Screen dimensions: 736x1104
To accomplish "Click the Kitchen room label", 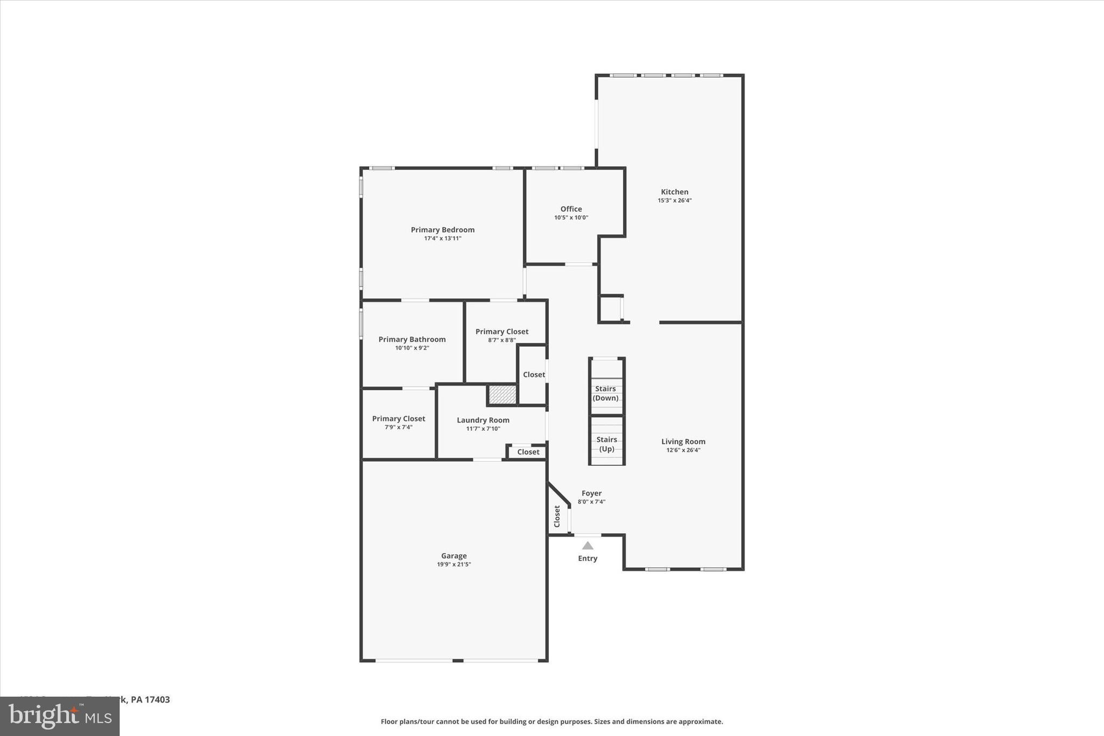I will point(674,192).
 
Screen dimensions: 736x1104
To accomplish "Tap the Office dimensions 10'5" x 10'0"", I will point(571,218).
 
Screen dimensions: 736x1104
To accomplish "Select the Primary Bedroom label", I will point(443,230).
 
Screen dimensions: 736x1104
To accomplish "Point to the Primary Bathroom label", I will point(412,339).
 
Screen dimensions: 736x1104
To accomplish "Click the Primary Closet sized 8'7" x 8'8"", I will point(502,332).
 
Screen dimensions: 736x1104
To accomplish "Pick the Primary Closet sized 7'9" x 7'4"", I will point(398,418).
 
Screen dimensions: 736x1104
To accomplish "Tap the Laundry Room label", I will point(483,420).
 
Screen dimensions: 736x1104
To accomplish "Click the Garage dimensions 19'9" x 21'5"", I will point(454,565).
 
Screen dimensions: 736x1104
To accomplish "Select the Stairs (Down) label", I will point(605,393).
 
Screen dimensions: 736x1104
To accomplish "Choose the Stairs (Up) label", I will point(606,444).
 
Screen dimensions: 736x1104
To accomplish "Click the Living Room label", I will point(683,442).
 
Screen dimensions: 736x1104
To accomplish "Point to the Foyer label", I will point(591,493).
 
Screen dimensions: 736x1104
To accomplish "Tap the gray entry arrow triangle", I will point(588,546).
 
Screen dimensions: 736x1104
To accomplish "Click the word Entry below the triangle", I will point(588,559).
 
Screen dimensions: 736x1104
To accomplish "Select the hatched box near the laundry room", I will point(502,395).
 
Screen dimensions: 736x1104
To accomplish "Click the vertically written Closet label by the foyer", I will point(557,516).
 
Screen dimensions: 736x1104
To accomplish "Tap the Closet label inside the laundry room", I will point(528,452).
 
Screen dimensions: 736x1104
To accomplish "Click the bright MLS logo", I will point(60,716).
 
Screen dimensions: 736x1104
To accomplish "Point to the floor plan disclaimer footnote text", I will point(551,721).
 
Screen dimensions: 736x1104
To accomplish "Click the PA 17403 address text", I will point(150,700).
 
